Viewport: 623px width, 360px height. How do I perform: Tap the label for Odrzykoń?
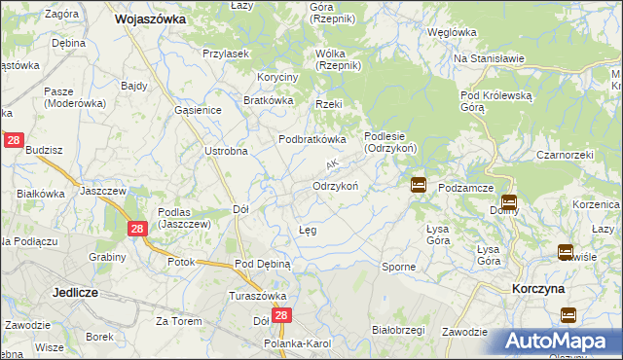pyautogui.click(x=336, y=185)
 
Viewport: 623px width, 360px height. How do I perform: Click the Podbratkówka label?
pyautogui.click(x=312, y=139)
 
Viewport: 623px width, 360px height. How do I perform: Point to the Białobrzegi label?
pyautogui.click(x=399, y=330)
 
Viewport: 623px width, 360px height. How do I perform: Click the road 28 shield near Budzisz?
pyautogui.click(x=14, y=141)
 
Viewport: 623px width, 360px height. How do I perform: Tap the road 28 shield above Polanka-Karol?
pyautogui.click(x=281, y=316)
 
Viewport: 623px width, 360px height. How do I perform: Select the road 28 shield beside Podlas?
pyautogui.click(x=137, y=228)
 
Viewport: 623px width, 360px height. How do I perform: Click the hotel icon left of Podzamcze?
pyautogui.click(x=418, y=185)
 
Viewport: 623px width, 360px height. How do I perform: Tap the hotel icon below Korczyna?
pyautogui.click(x=568, y=315)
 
